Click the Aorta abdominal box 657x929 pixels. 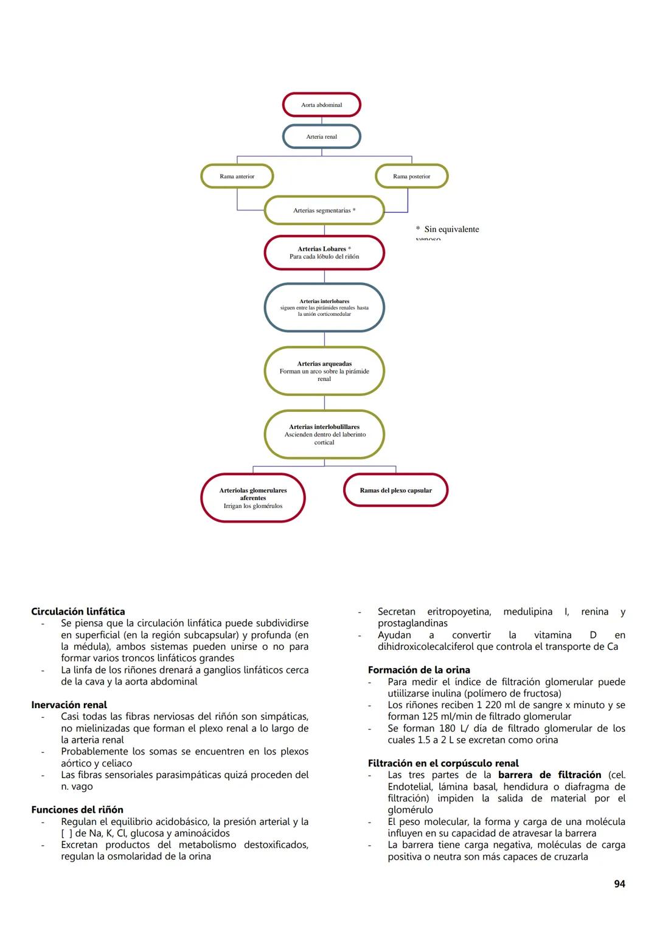321,105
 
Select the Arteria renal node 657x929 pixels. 321,136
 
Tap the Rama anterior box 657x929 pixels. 237,176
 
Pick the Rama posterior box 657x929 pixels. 411,176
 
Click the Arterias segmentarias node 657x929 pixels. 324,211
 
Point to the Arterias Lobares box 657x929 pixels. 324,252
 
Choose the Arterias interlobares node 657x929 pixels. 324,307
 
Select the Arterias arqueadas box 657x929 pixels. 324,371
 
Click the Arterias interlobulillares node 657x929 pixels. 324,434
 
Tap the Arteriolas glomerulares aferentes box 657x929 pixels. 252,498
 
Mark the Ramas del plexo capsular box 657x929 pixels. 395,490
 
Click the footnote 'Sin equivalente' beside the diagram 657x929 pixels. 451,230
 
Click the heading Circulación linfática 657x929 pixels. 78,611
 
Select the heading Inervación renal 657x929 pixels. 69,705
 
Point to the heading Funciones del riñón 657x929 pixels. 77,810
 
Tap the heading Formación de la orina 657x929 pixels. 419,670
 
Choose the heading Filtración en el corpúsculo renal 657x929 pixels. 443,764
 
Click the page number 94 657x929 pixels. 619,884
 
